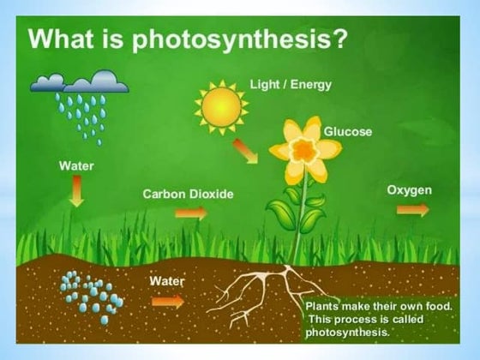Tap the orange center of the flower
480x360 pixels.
tap(304, 151)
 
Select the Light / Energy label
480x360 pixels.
tap(290, 84)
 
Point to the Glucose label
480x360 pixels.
tap(347, 131)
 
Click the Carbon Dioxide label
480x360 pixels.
tap(188, 195)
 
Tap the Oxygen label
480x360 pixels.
tap(409, 189)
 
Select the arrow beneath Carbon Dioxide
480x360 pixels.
tap(190, 213)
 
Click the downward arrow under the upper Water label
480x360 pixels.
tap(76, 190)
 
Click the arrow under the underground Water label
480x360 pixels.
tap(168, 301)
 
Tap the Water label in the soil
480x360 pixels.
tap(166, 280)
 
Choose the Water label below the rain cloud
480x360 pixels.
tap(76, 165)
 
